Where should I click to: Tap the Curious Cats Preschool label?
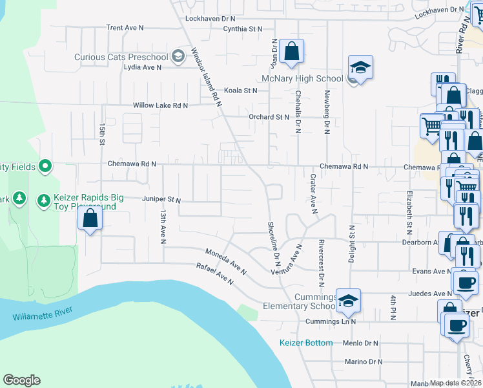tap(121, 57)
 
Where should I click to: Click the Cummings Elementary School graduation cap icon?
tap(348, 301)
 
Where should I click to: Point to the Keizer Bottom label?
tap(306, 343)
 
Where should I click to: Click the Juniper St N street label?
tap(161, 200)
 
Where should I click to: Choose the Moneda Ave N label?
tap(226, 261)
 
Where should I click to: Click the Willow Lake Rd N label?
tap(160, 105)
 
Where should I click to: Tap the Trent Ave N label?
tap(125, 28)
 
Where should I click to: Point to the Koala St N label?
tap(241, 91)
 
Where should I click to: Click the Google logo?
tap(21, 380)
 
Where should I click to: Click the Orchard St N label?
tap(269, 117)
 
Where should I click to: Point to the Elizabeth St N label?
tap(409, 212)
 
